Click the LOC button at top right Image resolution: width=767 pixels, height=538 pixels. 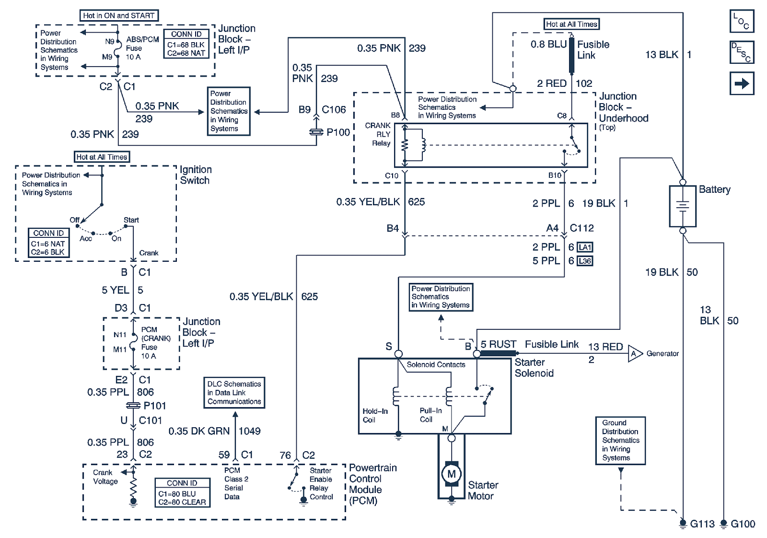click(x=742, y=21)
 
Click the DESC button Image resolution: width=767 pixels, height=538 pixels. click(x=742, y=52)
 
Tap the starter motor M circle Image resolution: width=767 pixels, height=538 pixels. click(x=451, y=474)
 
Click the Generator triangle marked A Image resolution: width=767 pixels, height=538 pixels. click(x=634, y=354)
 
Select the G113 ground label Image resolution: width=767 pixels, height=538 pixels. click(x=702, y=524)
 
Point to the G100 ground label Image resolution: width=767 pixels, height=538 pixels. click(x=743, y=524)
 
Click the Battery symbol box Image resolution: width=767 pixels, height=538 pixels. click(x=683, y=206)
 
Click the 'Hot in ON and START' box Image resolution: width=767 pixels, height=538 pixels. click(x=119, y=16)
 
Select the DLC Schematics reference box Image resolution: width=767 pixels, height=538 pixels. click(x=234, y=393)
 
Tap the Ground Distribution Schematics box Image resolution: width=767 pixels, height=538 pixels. click(x=620, y=440)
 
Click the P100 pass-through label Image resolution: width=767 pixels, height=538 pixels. click(x=338, y=132)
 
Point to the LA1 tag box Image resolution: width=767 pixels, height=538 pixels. click(x=585, y=247)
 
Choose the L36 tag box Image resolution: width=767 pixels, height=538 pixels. click(x=585, y=261)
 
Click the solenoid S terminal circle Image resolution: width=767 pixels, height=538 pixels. click(x=398, y=354)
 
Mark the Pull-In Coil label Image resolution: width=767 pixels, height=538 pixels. click(x=430, y=415)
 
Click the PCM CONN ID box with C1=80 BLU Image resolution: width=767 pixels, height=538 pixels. click(x=182, y=493)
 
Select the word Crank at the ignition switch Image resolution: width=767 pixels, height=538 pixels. click(x=149, y=253)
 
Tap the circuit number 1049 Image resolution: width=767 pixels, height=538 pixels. click(x=250, y=431)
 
